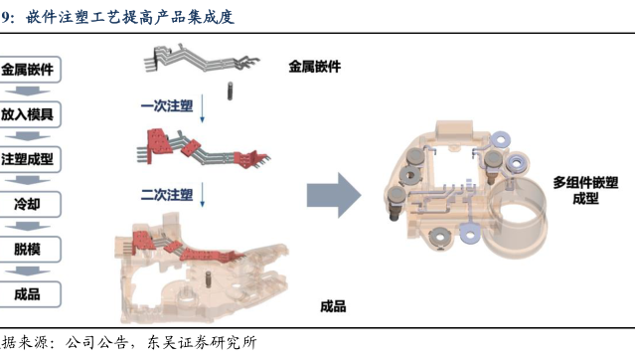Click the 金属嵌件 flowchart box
[x=29, y=70]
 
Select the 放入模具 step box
[x=29, y=114]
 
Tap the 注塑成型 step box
[x=29, y=159]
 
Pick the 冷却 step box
[x=29, y=204]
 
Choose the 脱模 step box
[x=29, y=250]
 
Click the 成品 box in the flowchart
[x=29, y=294]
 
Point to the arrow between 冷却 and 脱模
[x=28, y=227]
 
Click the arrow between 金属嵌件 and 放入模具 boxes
[x=28, y=91]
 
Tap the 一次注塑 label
[x=167, y=106]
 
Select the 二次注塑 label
[x=167, y=195]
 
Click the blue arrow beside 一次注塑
[x=203, y=108]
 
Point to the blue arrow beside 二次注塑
[x=203, y=195]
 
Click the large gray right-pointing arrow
[x=334, y=195]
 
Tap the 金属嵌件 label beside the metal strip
[x=315, y=67]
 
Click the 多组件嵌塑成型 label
[x=585, y=191]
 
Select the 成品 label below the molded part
[x=333, y=306]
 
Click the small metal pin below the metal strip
[x=230, y=91]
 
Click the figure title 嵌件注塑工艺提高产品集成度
[x=130, y=18]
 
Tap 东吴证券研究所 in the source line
[x=202, y=343]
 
